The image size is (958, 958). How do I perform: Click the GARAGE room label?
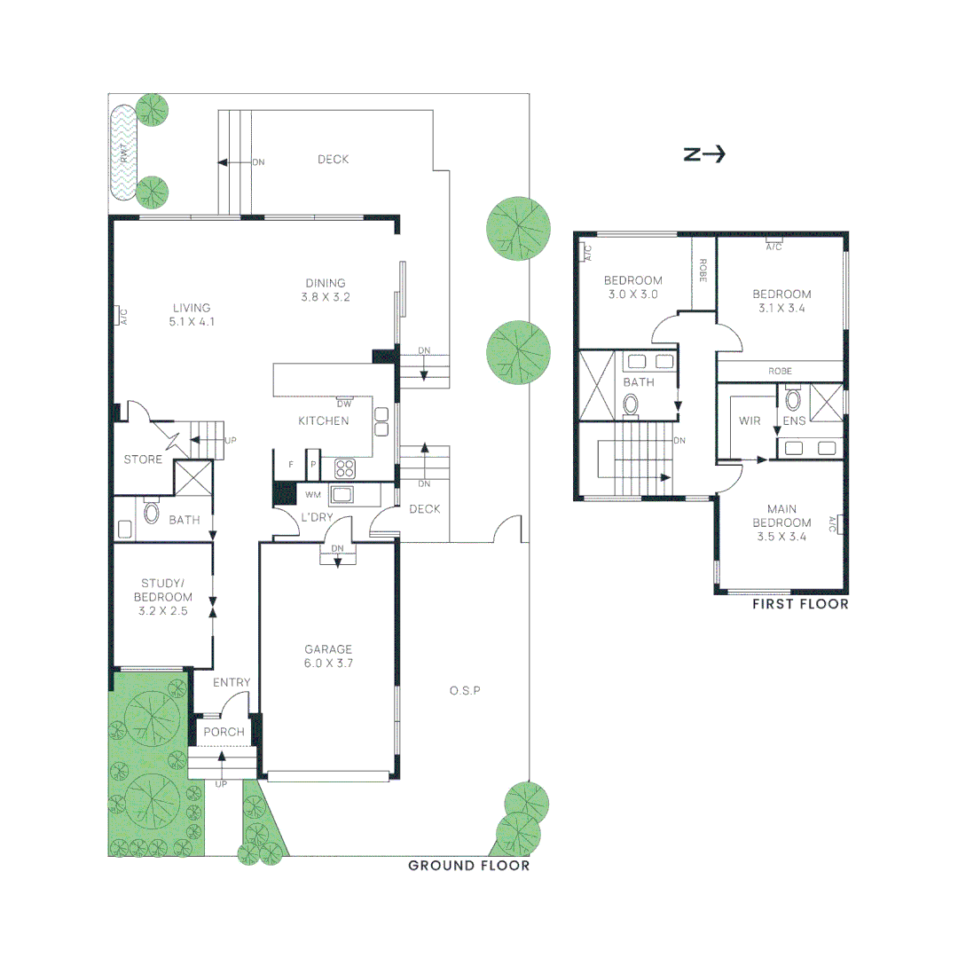pyautogui.click(x=329, y=648)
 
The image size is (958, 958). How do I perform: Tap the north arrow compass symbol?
pyautogui.click(x=704, y=154)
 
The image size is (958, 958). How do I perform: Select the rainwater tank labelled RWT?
pyautogui.click(x=124, y=152)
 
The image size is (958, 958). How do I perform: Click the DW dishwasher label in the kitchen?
pyautogui.click(x=344, y=404)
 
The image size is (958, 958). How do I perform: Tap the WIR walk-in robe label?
pyautogui.click(x=750, y=420)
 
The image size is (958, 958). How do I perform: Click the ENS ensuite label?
pyautogui.click(x=794, y=420)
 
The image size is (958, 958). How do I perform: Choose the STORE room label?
pyautogui.click(x=143, y=459)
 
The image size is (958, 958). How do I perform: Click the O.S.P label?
pyautogui.click(x=464, y=690)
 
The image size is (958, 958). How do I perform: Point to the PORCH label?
pyautogui.click(x=224, y=732)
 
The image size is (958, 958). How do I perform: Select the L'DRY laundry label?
pyautogui.click(x=317, y=517)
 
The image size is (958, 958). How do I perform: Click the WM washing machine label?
pyautogui.click(x=312, y=494)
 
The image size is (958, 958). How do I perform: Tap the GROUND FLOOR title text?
pyautogui.click(x=468, y=866)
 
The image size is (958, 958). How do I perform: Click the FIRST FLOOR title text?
pyautogui.click(x=800, y=604)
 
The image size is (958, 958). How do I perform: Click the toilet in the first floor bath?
pyautogui.click(x=631, y=404)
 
